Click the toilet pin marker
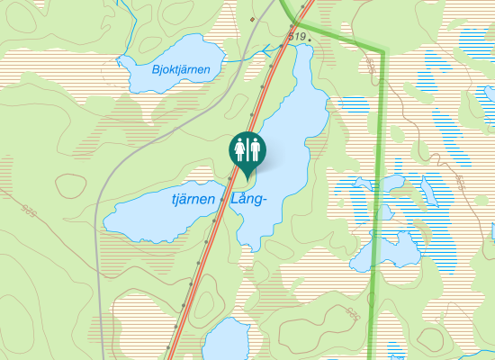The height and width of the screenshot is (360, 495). click(247, 149)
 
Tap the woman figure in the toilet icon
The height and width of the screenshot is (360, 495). click(240, 146)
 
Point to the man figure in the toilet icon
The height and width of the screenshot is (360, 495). click(256, 146)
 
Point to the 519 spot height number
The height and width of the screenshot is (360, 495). click(297, 35)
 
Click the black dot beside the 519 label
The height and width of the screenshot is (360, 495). click(309, 40)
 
